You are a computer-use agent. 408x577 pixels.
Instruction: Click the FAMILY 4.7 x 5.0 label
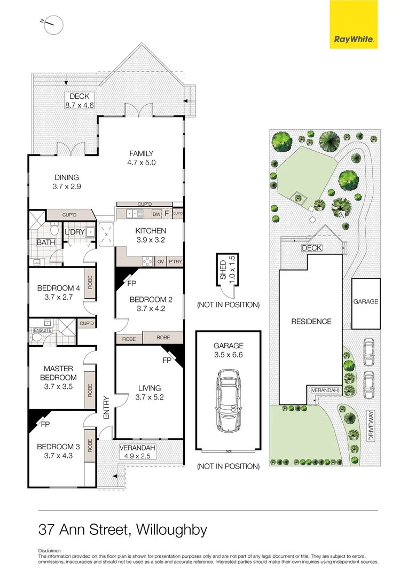141,158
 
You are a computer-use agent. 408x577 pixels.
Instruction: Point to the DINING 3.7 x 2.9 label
67,182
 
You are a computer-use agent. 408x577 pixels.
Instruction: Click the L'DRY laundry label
73,233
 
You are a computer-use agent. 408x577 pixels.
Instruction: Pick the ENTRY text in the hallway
106,407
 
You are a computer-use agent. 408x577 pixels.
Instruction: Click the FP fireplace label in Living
166,361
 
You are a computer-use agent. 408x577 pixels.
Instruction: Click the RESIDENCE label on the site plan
311,322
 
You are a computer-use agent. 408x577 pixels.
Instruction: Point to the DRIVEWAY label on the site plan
370,425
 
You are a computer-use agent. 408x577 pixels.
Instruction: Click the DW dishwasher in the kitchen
156,215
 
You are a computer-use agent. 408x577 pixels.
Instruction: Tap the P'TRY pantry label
175,262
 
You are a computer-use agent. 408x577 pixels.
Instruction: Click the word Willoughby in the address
171,530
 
